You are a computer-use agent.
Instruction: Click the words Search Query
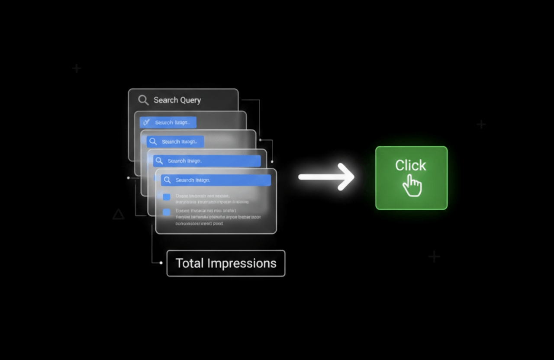pyautogui.click(x=177, y=100)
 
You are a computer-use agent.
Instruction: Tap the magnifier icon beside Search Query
pyautogui.click(x=143, y=100)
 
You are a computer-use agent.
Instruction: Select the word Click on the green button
pyautogui.click(x=410, y=165)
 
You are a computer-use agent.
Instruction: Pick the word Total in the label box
pyautogui.click(x=189, y=264)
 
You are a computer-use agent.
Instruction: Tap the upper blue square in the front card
pyautogui.click(x=167, y=197)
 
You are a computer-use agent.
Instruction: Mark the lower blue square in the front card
pyautogui.click(x=167, y=212)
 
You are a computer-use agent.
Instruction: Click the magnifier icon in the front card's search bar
pyautogui.click(x=167, y=180)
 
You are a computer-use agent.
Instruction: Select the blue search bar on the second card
pyautogui.click(x=168, y=122)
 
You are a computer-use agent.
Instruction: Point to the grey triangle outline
pyautogui.click(x=118, y=214)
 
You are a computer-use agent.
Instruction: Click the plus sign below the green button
pyautogui.click(x=434, y=257)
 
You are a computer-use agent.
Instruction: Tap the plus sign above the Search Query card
pyautogui.click(x=77, y=68)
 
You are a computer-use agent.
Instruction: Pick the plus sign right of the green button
pyautogui.click(x=481, y=125)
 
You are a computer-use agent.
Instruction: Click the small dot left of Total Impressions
pyautogui.click(x=161, y=263)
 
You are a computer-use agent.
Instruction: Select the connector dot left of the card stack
pyautogui.click(x=129, y=178)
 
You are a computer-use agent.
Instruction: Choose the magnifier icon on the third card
pyautogui.click(x=152, y=141)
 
